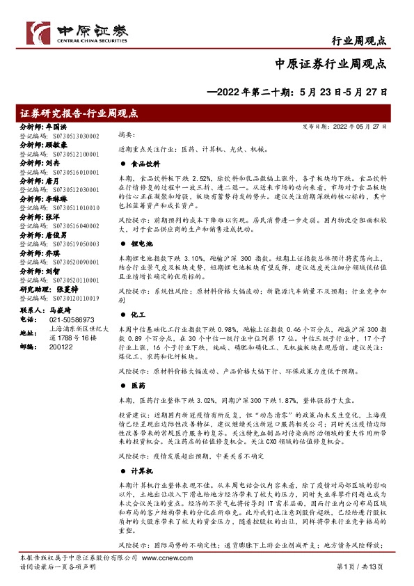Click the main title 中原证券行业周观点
click(331, 65)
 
